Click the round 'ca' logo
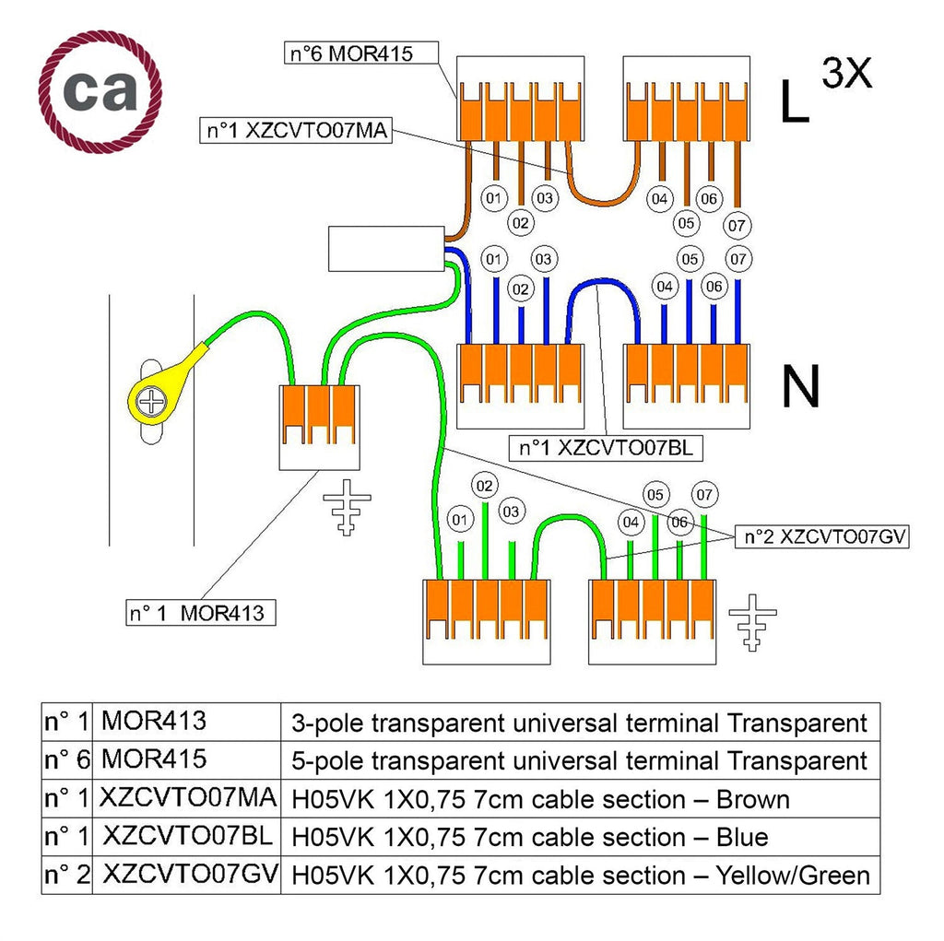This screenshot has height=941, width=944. coord(100,91)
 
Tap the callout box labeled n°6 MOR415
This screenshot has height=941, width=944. coord(360,53)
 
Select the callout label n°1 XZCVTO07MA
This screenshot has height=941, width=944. coord(296,131)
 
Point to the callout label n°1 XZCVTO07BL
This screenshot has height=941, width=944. coord(606,448)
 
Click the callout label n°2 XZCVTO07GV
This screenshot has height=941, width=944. coord(821,536)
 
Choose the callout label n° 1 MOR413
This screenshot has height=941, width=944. coord(200,613)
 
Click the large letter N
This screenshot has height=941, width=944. coord(801,386)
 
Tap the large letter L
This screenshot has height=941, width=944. coord(794,101)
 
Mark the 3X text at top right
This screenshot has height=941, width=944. coord(846,73)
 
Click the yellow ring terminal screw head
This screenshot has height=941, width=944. coord(151,401)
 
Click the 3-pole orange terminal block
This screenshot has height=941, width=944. coord(319,415)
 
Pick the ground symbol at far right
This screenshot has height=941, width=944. coord(752,622)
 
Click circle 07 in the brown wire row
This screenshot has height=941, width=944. coord(737,226)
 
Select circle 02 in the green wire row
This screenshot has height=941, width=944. coord(485,486)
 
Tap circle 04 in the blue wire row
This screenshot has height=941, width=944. coord(665,287)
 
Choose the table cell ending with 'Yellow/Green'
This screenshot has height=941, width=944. coord(581,876)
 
